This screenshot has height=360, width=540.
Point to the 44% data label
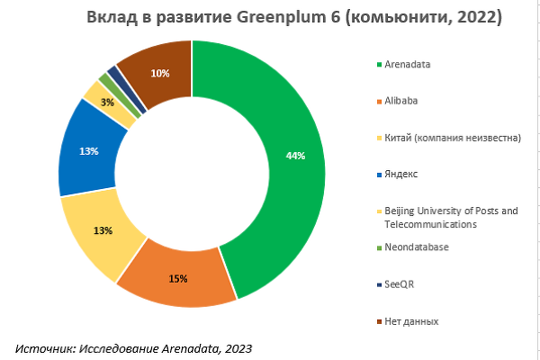[x=295, y=156]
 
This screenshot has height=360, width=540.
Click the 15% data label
[x=177, y=278]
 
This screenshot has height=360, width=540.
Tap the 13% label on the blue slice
[x=88, y=151]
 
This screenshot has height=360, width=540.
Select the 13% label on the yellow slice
[x=103, y=230]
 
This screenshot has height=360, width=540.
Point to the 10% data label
[x=160, y=73]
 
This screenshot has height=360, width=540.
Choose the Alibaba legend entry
[x=401, y=101]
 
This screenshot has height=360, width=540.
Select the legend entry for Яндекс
[x=401, y=173]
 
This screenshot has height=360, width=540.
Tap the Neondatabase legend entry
[x=416, y=247]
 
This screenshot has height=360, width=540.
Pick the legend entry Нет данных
[x=411, y=320]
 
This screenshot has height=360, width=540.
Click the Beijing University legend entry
[x=450, y=217]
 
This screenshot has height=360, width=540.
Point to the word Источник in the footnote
[x=44, y=346]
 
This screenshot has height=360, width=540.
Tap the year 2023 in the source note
[x=238, y=346]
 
